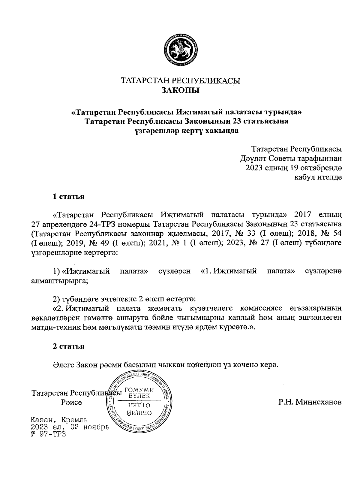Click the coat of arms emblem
pyautogui.click(x=180, y=50)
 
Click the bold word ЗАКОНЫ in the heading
pyautogui.click(x=180, y=90)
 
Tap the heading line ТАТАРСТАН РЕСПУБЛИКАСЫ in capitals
pyautogui.click(x=180, y=81)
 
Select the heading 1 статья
pyautogui.click(x=68, y=197)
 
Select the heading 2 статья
pyautogui.click(x=68, y=346)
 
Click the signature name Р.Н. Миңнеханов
pyautogui.click(x=310, y=402)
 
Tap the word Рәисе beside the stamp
pyautogui.click(x=71, y=402)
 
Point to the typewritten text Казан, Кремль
pyautogui.click(x=59, y=420)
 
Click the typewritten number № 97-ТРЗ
pyautogui.click(x=48, y=434)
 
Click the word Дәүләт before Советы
pyautogui.click(x=253, y=158)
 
